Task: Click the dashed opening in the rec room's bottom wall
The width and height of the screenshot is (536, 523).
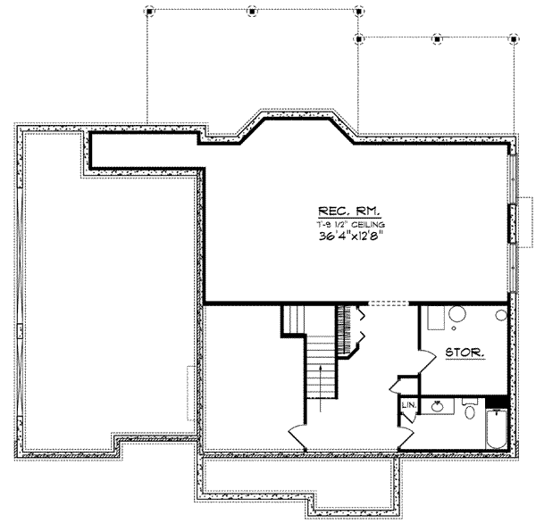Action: (x=386, y=303)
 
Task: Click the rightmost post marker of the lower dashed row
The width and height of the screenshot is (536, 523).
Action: (x=513, y=39)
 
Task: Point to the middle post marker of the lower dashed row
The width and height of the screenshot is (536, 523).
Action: (x=435, y=39)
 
